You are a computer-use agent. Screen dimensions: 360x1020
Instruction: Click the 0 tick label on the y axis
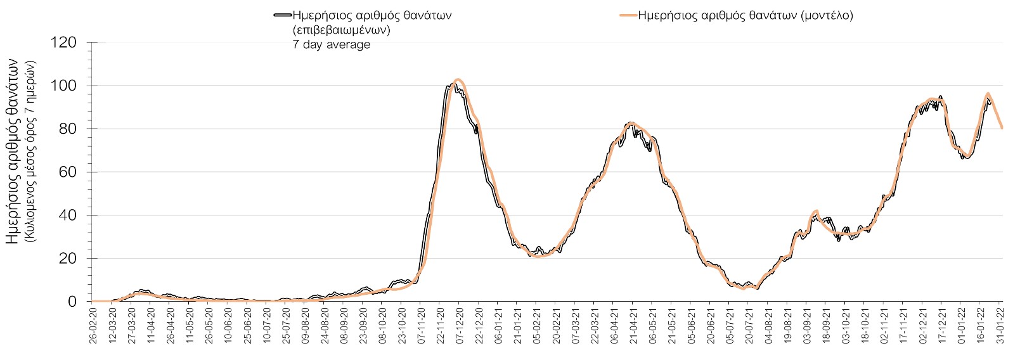(x=72, y=302)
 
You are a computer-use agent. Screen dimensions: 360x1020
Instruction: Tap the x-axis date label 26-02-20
(x=93, y=327)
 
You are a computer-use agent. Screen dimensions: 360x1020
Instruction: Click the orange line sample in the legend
(x=627, y=16)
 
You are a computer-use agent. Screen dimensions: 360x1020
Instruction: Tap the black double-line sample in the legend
(x=283, y=16)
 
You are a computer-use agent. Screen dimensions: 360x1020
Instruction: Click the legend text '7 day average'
(x=331, y=44)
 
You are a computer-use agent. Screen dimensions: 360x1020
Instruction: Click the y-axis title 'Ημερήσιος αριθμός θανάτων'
(x=13, y=151)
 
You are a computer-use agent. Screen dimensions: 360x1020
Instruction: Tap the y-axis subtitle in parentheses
(x=30, y=151)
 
